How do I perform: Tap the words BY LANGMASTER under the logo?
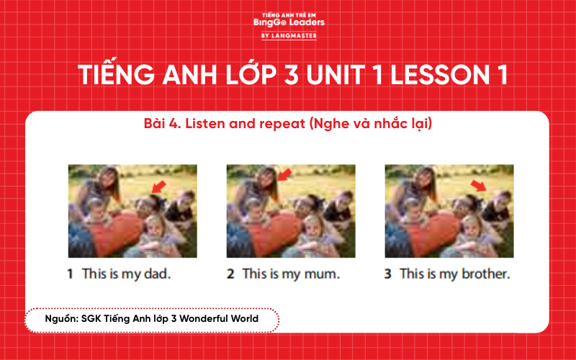tap(288, 35)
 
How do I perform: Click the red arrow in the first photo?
tap(159, 186)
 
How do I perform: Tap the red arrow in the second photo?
tap(285, 174)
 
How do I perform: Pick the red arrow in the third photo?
tap(478, 186)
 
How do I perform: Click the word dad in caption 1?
tap(157, 274)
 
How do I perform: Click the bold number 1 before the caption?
tap(71, 274)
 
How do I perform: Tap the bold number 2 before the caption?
tap(230, 274)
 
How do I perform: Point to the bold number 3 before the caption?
tap(388, 274)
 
